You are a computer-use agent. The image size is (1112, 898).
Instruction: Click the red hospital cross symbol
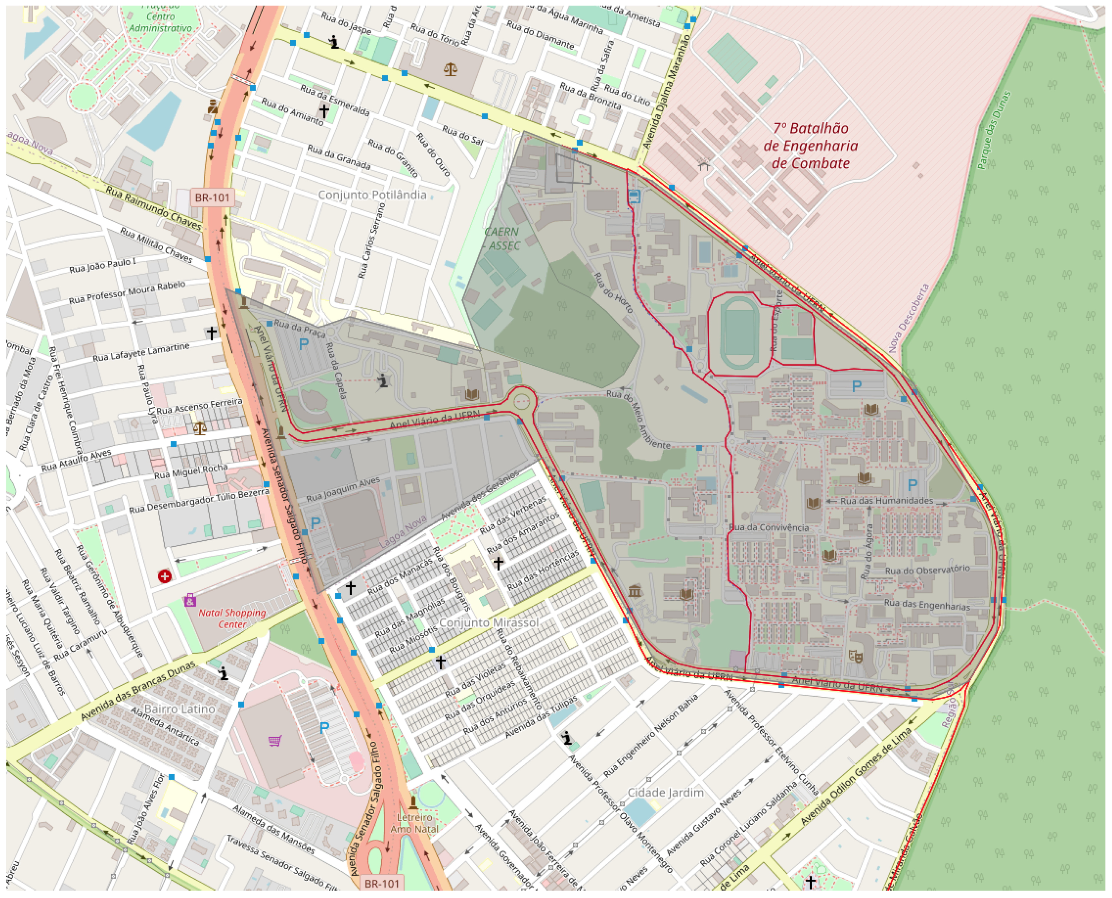(164, 576)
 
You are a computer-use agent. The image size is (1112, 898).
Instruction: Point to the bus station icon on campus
(634, 197)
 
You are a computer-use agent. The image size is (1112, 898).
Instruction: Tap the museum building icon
(635, 591)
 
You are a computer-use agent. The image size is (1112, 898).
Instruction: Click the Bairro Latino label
(179, 709)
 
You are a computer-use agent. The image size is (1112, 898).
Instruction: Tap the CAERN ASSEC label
(502, 238)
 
